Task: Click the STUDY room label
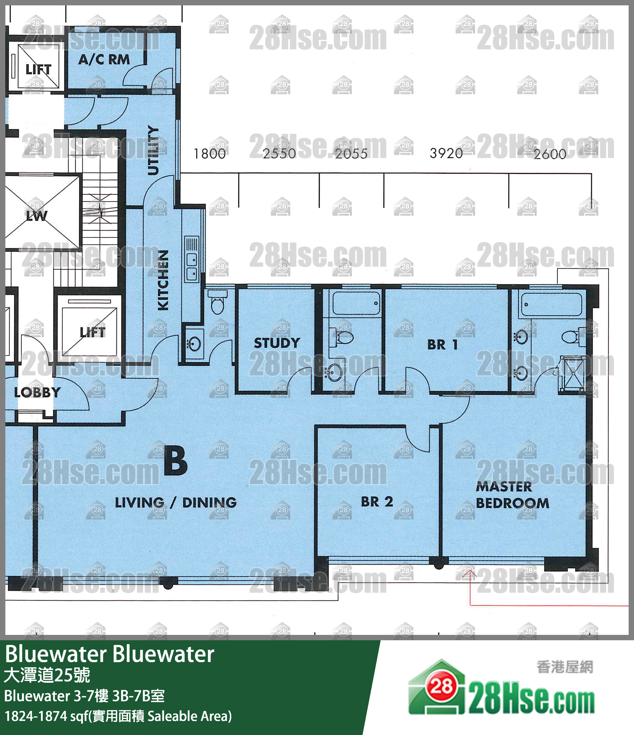click(x=277, y=343)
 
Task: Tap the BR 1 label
click(x=442, y=345)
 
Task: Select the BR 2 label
click(x=377, y=502)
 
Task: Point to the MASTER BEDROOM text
click(x=512, y=495)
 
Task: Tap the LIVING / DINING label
click(x=176, y=503)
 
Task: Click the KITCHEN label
click(x=163, y=280)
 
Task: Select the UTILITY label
click(x=153, y=150)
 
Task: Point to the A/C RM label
click(x=104, y=60)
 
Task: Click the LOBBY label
click(x=37, y=392)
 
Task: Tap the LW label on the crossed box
click(x=37, y=216)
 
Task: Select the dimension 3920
click(x=446, y=154)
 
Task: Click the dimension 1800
click(x=209, y=154)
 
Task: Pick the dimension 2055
click(x=351, y=154)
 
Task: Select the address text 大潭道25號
click(x=47, y=675)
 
